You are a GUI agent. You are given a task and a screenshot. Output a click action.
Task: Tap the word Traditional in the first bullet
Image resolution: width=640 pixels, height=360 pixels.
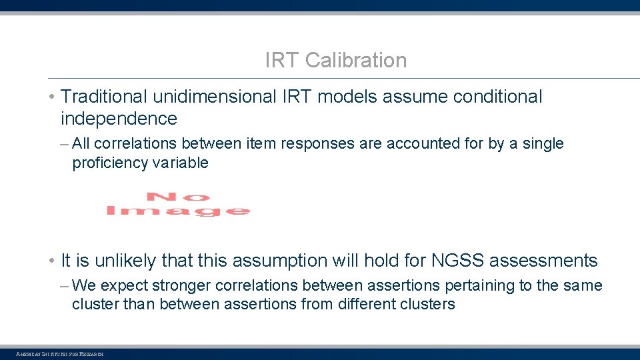104,97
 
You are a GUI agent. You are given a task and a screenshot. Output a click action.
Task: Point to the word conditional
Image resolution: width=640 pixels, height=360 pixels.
497,97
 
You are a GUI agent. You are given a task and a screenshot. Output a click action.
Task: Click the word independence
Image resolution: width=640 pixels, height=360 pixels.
119,119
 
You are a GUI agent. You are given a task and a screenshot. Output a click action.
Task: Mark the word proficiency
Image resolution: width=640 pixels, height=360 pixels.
107,163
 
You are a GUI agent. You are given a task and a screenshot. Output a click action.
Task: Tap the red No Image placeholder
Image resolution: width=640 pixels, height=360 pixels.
178,204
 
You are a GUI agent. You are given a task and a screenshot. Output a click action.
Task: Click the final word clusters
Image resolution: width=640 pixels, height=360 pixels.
429,305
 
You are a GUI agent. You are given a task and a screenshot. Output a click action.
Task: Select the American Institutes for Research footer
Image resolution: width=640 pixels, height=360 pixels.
59,354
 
